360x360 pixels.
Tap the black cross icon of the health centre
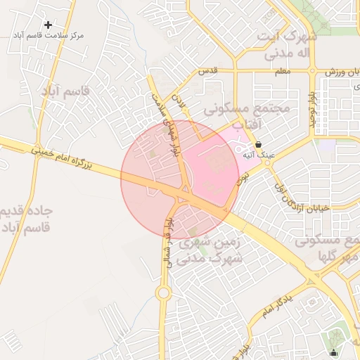[48, 25]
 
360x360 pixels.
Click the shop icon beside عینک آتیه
[258, 144]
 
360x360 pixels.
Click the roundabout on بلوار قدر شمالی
[163, 292]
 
